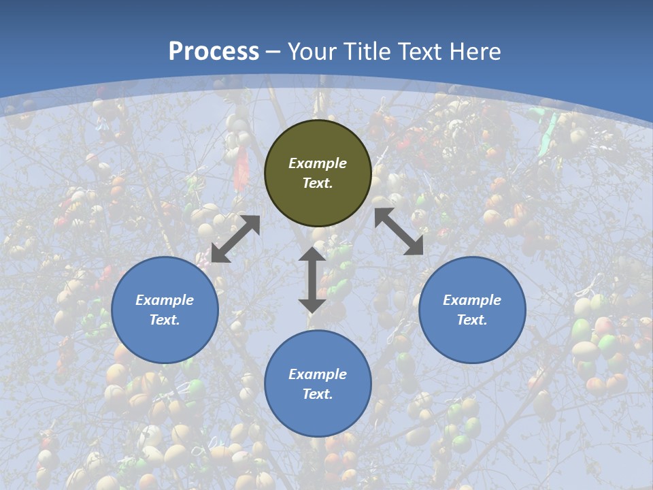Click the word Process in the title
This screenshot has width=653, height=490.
[214, 52]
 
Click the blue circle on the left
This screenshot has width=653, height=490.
[165, 310]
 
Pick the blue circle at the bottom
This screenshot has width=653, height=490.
[318, 384]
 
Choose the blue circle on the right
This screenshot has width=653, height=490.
[472, 310]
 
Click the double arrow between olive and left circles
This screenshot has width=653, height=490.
[235, 239]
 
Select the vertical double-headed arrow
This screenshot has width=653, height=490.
[312, 280]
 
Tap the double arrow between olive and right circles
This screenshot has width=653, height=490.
[399, 231]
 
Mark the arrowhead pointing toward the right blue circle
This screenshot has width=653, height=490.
[414, 246]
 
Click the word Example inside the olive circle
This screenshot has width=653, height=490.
[318, 163]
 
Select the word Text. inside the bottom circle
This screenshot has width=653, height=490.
[318, 394]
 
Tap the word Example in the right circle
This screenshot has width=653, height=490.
[472, 300]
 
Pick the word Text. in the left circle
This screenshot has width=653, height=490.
[165, 320]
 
